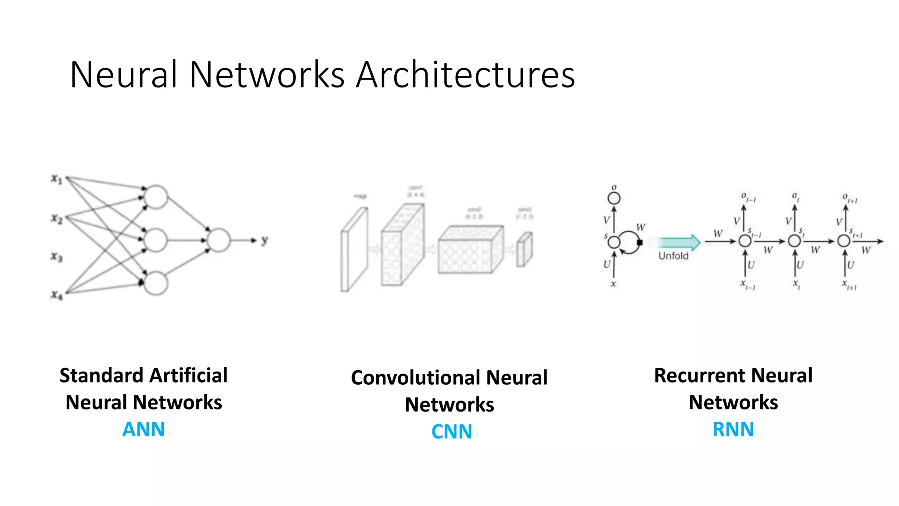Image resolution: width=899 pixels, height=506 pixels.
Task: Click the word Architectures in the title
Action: tap(465, 75)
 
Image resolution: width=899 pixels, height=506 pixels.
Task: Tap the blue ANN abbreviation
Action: tap(144, 429)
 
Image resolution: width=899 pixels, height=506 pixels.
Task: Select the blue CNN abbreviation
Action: tap(452, 431)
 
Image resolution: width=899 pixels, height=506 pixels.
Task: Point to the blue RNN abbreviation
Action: tap(733, 429)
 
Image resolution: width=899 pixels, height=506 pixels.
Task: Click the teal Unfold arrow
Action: tap(678, 242)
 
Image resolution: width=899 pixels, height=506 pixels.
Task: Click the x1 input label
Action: tap(57, 179)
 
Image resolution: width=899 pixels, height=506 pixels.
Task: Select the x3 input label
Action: tap(57, 257)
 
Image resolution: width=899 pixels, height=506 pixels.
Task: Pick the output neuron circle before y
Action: tap(219, 240)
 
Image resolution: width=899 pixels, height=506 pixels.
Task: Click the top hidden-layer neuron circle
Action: tap(156, 197)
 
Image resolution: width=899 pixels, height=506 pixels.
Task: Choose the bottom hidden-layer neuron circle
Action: tap(156, 283)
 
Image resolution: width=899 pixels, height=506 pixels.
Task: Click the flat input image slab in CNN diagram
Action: tap(354, 249)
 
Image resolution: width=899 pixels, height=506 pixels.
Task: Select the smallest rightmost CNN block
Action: tap(524, 249)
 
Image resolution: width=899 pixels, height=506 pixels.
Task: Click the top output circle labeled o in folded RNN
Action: tap(614, 199)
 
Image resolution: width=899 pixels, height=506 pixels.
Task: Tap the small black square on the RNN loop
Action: tap(640, 242)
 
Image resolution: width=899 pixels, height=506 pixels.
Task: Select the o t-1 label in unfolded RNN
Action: tap(748, 197)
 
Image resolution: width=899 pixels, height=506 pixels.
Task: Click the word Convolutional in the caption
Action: tap(415, 378)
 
